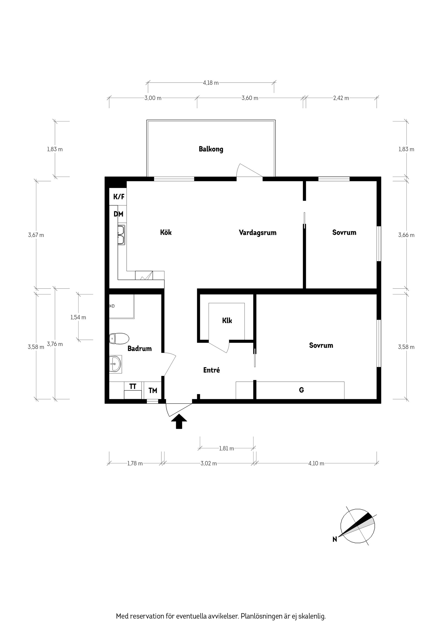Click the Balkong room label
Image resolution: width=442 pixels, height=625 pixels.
211,149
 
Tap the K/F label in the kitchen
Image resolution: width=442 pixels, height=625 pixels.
119,197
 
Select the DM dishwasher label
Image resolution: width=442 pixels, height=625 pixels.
119,214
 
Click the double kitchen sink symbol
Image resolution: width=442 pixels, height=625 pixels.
121,235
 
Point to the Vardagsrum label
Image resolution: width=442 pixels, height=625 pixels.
257,233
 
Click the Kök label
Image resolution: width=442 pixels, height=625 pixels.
166,232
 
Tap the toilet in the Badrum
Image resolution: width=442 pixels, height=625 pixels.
119,339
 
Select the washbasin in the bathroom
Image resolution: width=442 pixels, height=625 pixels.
116,364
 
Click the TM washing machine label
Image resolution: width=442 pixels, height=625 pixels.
153,391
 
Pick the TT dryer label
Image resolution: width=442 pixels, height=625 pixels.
133,387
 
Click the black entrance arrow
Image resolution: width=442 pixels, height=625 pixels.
179,422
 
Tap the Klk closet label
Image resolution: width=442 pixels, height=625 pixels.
227,321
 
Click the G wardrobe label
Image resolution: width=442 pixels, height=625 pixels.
301,390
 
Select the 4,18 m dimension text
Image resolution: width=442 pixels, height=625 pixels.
210,83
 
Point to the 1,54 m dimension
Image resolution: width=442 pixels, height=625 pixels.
78,317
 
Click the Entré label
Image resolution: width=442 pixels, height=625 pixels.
211,370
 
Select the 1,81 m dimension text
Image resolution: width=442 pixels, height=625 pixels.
226,448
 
